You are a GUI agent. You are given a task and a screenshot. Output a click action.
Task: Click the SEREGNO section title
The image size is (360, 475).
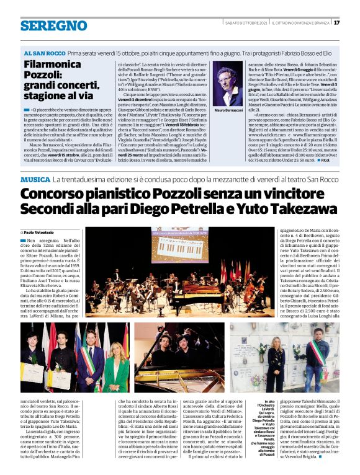45,25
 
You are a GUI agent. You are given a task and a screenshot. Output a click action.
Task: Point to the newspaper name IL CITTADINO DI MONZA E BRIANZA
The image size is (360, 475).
299,22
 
